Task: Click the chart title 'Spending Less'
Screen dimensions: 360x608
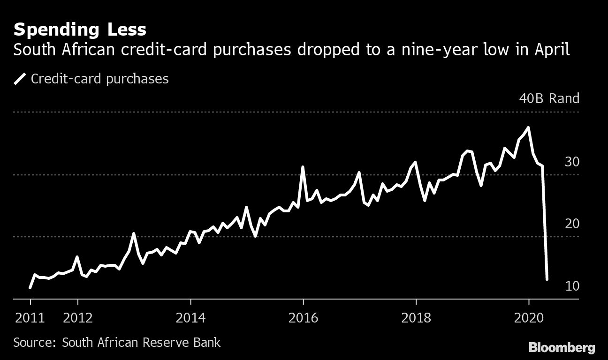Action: [80, 30]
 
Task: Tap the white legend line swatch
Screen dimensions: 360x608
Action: [20, 79]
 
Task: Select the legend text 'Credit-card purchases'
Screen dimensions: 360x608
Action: [99, 79]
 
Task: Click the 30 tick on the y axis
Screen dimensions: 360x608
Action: [572, 162]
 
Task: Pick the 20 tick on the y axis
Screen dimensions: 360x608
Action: [572, 224]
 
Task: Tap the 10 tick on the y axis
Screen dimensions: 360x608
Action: [572, 285]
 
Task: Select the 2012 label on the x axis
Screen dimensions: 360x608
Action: [78, 318]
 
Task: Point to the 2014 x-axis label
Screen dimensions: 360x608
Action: [190, 318]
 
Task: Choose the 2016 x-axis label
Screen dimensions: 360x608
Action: [303, 318]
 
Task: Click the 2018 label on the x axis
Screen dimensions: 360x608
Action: [416, 318]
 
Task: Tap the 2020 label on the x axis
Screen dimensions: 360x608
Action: [529, 318]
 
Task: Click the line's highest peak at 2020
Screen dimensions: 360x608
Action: [529, 127]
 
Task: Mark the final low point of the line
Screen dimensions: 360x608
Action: [547, 279]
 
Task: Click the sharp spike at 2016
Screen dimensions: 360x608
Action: [303, 167]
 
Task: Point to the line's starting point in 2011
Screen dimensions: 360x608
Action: [30, 287]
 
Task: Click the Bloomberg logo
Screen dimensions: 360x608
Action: [562, 347]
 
